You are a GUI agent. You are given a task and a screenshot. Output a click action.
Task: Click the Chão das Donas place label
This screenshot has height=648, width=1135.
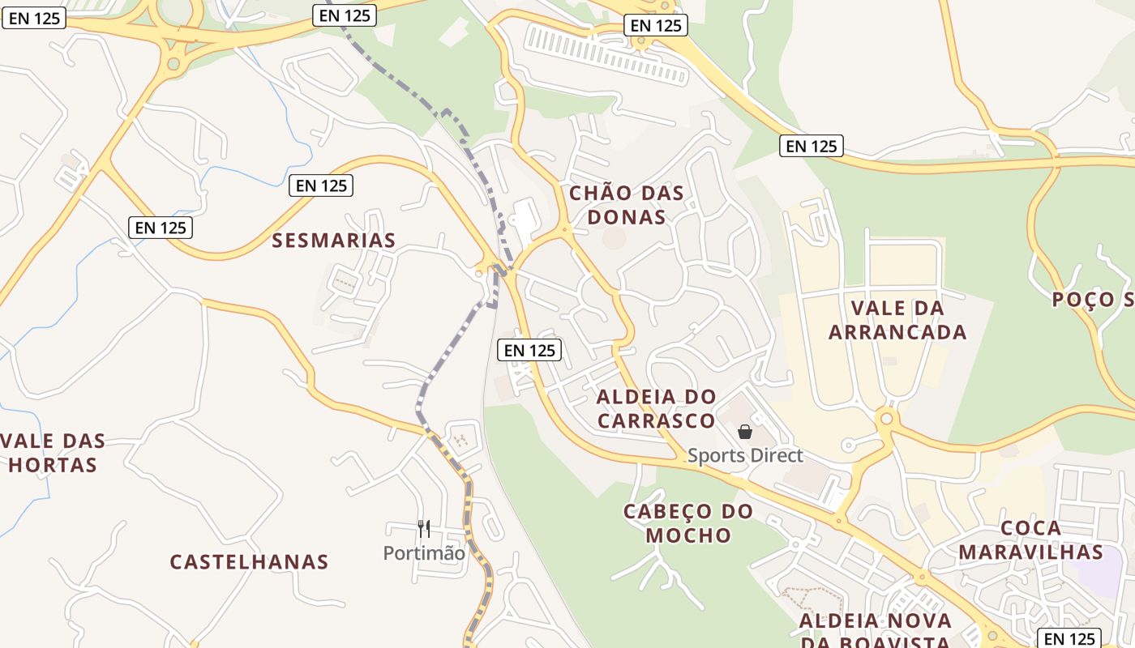point(626,205)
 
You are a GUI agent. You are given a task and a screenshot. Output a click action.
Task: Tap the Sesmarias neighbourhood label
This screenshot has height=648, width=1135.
point(334,241)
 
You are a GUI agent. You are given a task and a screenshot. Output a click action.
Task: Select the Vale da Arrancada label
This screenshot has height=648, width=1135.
point(897,320)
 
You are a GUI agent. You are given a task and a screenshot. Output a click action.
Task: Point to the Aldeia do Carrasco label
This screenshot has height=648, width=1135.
point(657,408)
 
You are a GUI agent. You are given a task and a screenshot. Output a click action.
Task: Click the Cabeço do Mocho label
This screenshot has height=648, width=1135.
point(688,523)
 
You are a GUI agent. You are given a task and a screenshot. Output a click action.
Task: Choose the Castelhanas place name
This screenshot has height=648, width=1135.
point(249,562)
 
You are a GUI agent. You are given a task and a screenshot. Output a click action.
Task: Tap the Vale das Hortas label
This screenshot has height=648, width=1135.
point(54,453)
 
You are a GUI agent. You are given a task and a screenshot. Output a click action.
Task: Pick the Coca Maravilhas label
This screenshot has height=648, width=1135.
point(1030,540)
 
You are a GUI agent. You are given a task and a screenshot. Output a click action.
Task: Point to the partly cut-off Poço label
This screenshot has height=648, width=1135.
point(1093,300)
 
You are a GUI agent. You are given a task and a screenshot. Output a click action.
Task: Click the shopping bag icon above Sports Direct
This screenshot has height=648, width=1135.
point(745,433)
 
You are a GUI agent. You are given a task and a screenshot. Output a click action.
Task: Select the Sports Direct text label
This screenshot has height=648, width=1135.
point(745,455)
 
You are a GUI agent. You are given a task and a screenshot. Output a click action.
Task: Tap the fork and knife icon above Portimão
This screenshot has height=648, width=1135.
point(424,529)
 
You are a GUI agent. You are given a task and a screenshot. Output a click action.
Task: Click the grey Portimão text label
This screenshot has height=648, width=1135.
point(424,553)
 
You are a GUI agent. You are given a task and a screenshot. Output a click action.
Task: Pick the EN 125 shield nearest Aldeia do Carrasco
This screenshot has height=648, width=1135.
point(529,350)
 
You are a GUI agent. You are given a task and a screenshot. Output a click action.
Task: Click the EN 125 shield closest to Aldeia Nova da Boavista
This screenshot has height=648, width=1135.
point(1069,638)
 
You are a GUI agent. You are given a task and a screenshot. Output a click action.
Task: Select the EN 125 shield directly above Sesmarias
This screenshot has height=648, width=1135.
point(321,185)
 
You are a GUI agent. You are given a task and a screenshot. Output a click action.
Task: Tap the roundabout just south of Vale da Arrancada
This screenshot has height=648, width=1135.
point(886,419)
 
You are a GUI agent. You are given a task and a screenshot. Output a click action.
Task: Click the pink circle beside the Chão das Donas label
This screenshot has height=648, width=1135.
point(614,238)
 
